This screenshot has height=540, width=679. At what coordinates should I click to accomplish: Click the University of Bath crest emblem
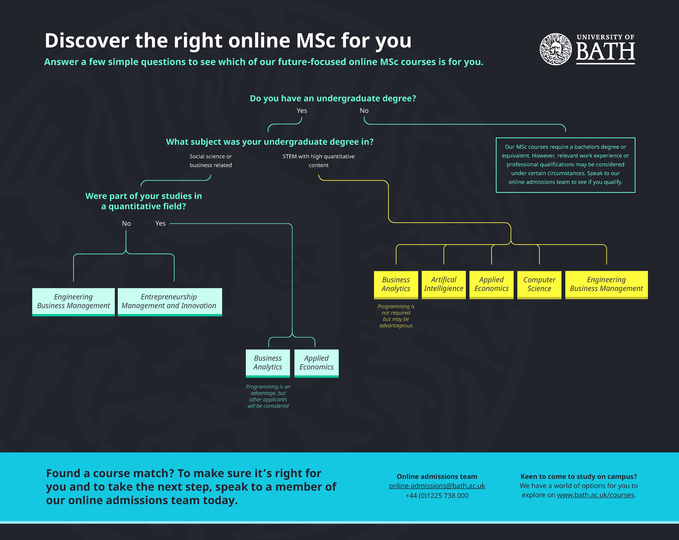tap(556, 49)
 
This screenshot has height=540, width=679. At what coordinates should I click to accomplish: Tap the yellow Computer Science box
tap(539, 284)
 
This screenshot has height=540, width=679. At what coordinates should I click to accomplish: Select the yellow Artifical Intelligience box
tap(443, 284)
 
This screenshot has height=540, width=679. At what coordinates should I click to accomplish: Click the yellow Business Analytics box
tap(396, 284)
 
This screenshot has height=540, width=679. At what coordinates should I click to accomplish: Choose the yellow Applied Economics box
tap(491, 284)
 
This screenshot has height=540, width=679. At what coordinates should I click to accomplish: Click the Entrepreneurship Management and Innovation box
tap(169, 302)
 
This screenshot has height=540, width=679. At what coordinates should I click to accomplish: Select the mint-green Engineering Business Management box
tap(73, 302)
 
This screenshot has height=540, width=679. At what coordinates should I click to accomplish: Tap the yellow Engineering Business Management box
tap(606, 284)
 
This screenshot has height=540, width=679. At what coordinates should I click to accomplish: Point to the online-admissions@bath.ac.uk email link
tap(437, 486)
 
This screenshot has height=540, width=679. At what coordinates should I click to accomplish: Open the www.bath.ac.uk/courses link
tap(595, 495)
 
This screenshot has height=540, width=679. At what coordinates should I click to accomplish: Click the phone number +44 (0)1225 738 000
tap(437, 496)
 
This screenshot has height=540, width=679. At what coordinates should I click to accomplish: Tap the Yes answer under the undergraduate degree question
tap(302, 110)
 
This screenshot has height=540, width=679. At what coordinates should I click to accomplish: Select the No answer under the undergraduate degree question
tap(364, 110)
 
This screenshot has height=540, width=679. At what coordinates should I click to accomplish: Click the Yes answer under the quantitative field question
tap(160, 224)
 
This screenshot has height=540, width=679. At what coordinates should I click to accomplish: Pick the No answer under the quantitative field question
tap(126, 224)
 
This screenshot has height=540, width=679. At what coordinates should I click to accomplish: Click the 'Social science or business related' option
tap(210, 161)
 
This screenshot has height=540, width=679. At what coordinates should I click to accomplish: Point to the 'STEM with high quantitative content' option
tap(318, 161)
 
